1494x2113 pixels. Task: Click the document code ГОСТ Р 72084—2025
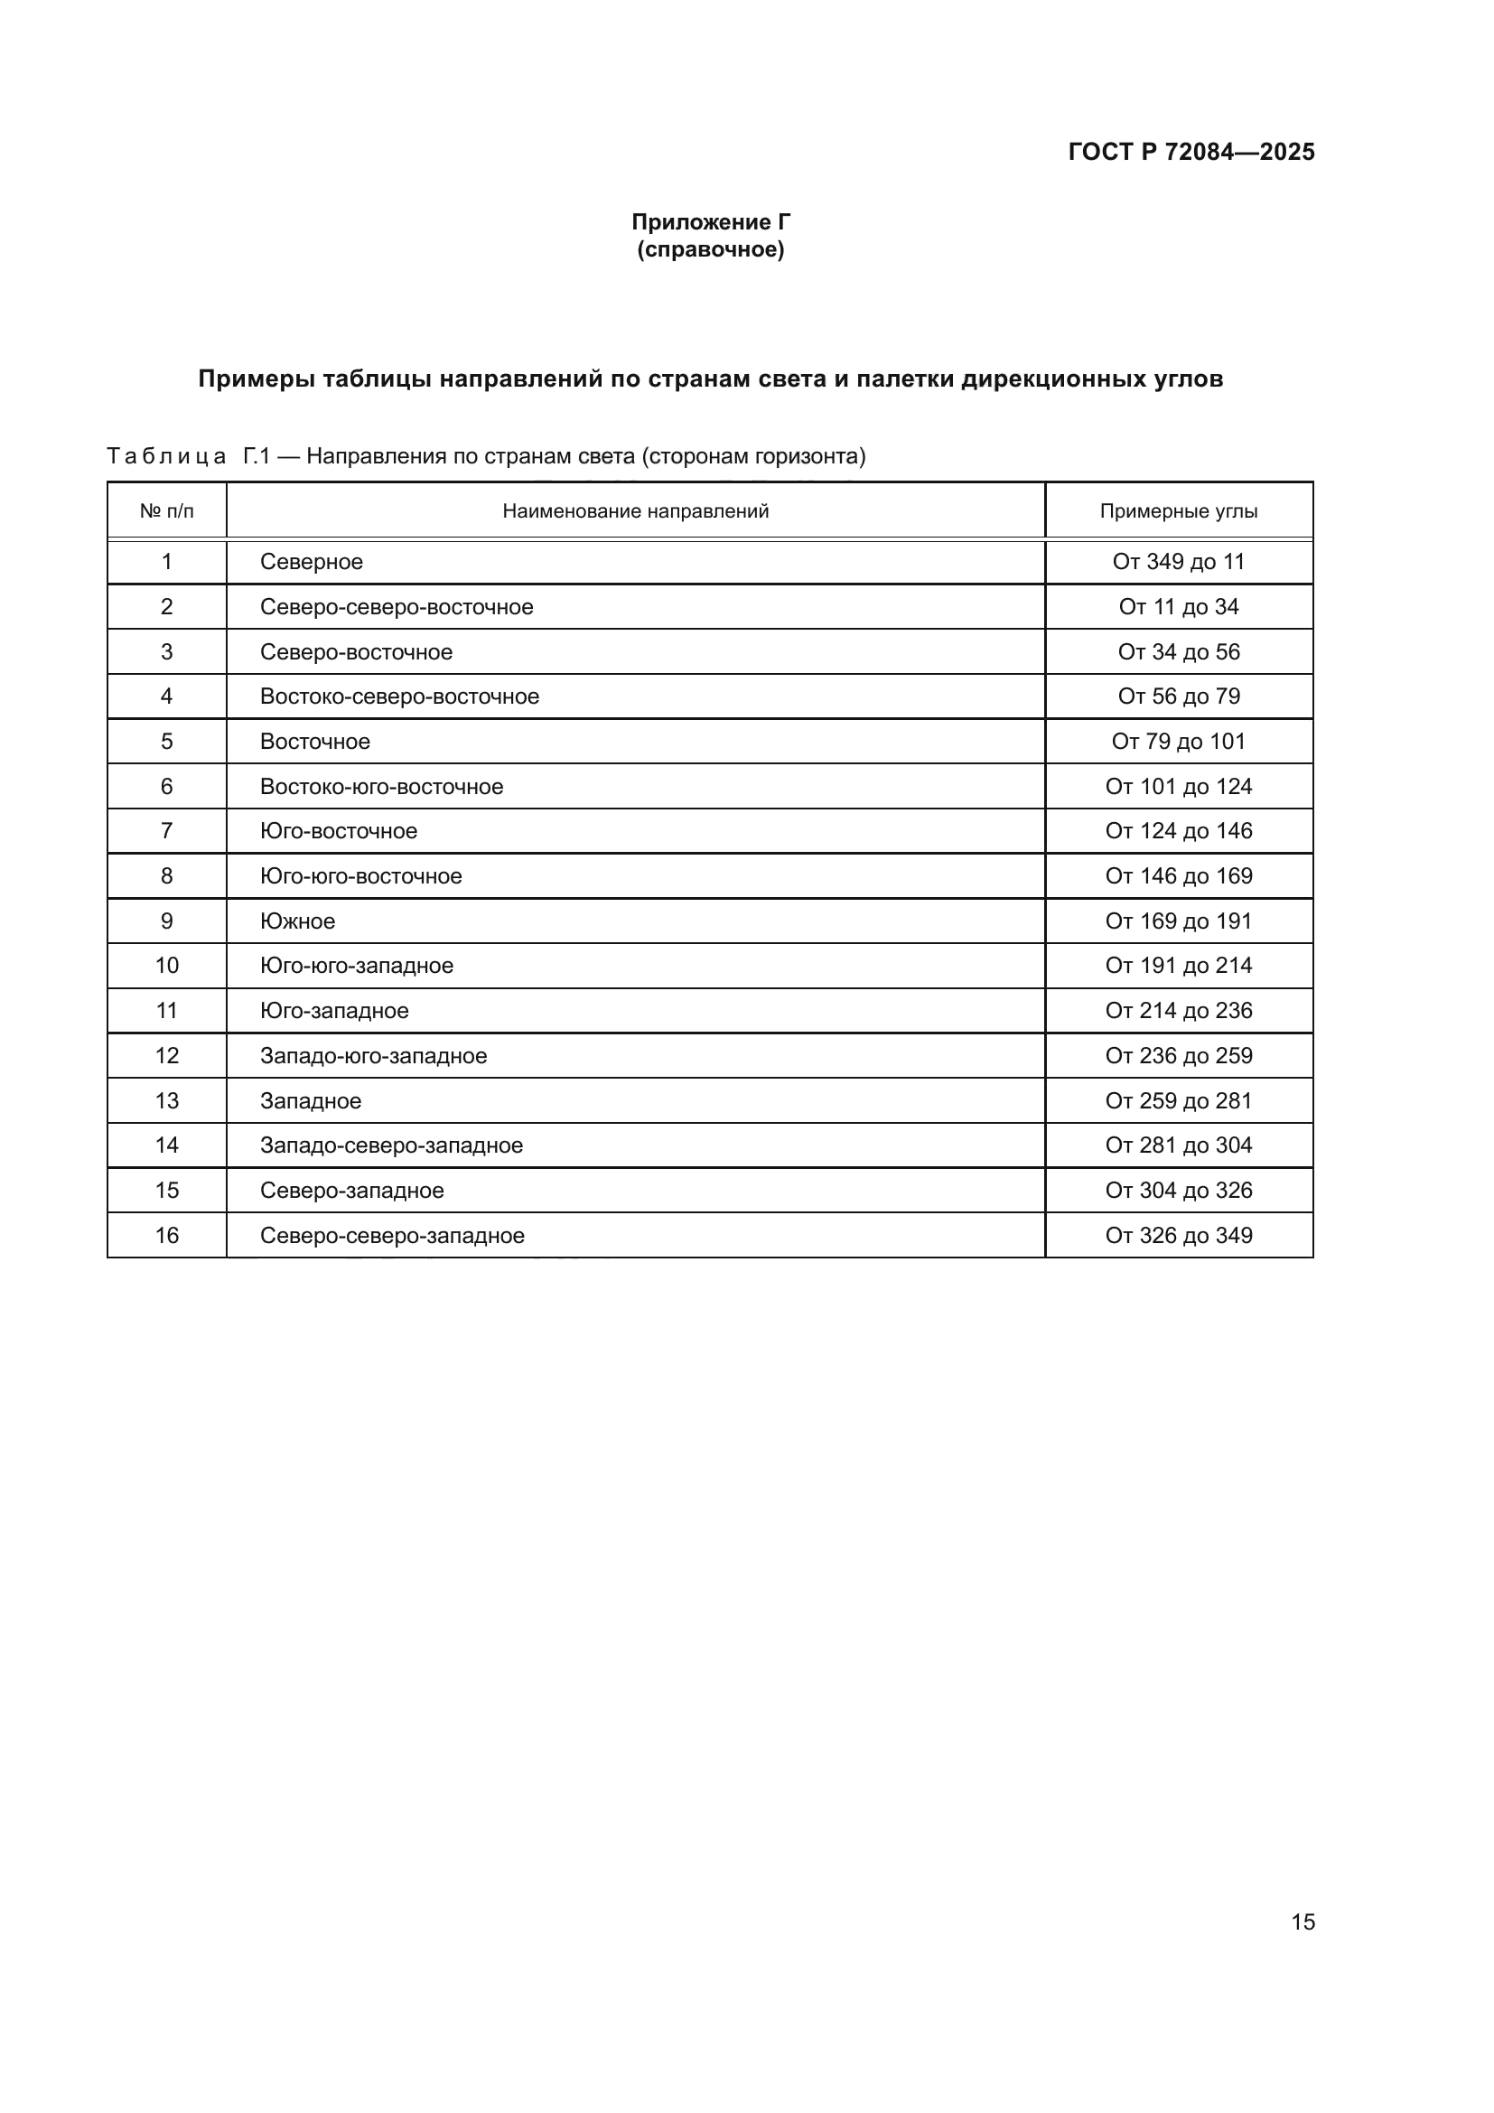pos(1191,152)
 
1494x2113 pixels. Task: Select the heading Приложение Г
pos(710,222)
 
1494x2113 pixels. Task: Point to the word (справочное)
pos(710,249)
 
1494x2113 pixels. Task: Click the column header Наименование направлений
pos(635,510)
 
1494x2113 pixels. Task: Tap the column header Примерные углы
pos(1179,510)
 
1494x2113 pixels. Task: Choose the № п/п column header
pos(166,510)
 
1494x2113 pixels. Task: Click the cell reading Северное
pos(311,561)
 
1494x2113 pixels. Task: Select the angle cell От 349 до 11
pos(1179,561)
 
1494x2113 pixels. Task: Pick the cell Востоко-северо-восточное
pos(399,696)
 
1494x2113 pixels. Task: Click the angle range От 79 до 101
pos(1179,741)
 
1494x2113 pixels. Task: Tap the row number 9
pos(166,921)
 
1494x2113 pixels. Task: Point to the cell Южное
pos(297,921)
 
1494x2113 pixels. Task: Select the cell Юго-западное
pos(334,1011)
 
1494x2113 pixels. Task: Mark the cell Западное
pos(310,1100)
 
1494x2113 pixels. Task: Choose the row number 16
pos(166,1235)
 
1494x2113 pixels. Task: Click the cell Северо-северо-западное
pos(392,1235)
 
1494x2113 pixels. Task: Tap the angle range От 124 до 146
pos(1179,831)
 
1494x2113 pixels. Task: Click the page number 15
pos(1303,1921)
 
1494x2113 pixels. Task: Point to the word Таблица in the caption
pos(165,456)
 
